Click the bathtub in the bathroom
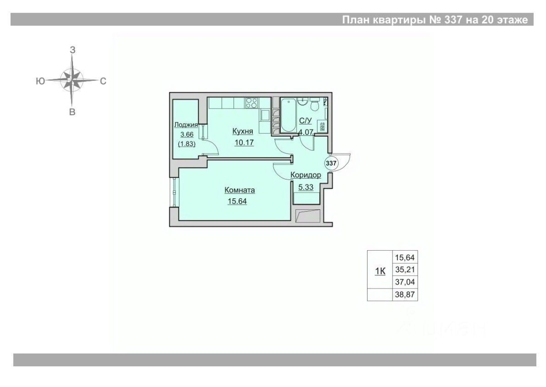point(288,115)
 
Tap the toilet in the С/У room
point(315,106)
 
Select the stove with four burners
point(251,103)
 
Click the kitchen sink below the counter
point(266,116)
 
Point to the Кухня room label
point(242,131)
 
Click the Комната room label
point(240,190)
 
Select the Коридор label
point(306,175)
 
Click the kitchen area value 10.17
point(245,142)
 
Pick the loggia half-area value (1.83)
point(187,143)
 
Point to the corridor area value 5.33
point(306,186)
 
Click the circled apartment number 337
point(331,163)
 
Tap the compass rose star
point(72,80)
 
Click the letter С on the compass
point(103,81)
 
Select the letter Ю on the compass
point(40,81)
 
